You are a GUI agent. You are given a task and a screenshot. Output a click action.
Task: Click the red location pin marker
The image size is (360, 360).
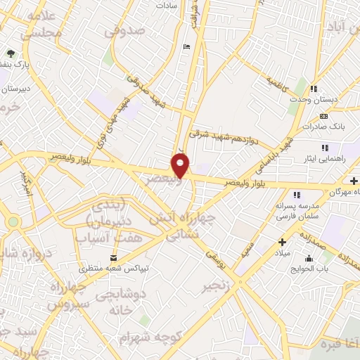pyautogui.click(x=181, y=166)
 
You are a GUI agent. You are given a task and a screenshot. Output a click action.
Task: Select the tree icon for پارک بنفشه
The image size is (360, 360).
pyautogui.click(x=11, y=53)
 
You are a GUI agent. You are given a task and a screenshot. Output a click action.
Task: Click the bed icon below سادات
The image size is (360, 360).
pyautogui.click(x=186, y=47)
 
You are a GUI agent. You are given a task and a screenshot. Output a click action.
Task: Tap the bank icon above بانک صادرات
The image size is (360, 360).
pyautogui.click(x=323, y=116)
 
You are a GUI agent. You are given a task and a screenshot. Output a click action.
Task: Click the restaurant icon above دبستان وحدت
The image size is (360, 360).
pyautogui.click(x=314, y=89)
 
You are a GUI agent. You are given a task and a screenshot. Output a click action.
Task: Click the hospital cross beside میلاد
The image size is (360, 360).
pyautogui.click(x=282, y=242)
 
